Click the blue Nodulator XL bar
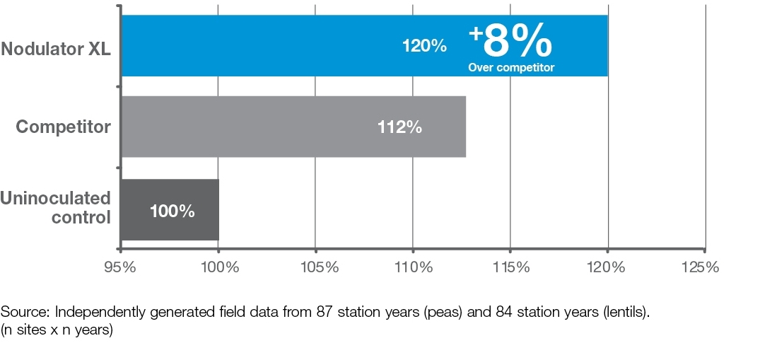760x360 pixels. (x=283, y=46)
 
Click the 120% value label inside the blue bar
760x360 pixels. (x=424, y=47)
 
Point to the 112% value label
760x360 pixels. (x=399, y=127)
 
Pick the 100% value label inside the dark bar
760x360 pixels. (x=173, y=211)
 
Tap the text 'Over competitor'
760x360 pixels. (x=511, y=68)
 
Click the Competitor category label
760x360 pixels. (x=64, y=127)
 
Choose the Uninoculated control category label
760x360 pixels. (x=56, y=207)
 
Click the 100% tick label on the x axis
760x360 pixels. (x=218, y=268)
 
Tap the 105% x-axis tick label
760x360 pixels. (x=315, y=268)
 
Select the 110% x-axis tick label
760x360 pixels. (x=413, y=268)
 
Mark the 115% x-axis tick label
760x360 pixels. (x=510, y=268)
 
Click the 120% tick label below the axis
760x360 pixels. (x=608, y=268)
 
